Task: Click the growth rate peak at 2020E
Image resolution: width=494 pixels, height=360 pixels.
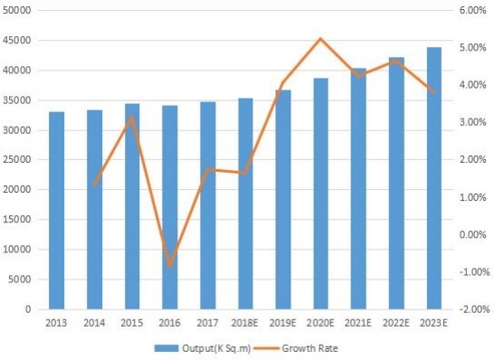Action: tap(321, 39)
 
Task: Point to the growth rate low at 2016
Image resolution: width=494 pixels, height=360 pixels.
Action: tap(170, 266)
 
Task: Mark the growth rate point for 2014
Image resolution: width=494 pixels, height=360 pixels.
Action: tap(95, 185)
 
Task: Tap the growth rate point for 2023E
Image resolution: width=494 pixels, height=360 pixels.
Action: tap(435, 92)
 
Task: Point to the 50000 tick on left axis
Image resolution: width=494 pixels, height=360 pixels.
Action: tap(21, 10)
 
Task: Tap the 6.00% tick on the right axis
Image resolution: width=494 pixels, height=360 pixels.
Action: tap(474, 10)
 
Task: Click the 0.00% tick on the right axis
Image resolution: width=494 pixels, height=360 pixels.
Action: tap(474, 234)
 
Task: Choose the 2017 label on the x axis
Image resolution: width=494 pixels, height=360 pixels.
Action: tap(208, 322)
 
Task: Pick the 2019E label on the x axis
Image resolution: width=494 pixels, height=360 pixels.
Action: tap(283, 322)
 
